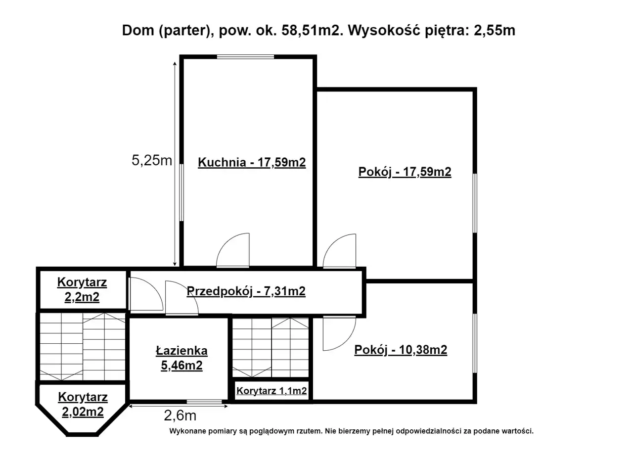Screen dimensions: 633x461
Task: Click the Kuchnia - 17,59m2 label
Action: click(x=252, y=163)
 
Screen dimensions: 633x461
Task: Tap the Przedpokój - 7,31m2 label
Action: click(x=246, y=291)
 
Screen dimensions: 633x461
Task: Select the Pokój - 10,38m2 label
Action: click(x=401, y=350)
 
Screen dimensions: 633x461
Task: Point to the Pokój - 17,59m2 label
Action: click(x=405, y=172)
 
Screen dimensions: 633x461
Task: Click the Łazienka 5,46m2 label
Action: click(x=181, y=358)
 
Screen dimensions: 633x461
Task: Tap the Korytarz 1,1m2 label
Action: click(x=271, y=391)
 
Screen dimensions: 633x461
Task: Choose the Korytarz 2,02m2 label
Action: click(x=83, y=405)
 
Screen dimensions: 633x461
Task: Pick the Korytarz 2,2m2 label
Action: click(x=82, y=290)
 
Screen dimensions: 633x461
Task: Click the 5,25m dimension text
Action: click(x=152, y=160)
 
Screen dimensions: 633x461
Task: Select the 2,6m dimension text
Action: click(x=180, y=415)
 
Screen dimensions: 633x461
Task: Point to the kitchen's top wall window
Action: click(x=246, y=57)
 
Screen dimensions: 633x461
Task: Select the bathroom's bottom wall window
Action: click(x=204, y=402)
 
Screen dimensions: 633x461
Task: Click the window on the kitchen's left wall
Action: click(x=181, y=192)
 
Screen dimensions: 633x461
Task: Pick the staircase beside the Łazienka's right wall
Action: click(x=271, y=347)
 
